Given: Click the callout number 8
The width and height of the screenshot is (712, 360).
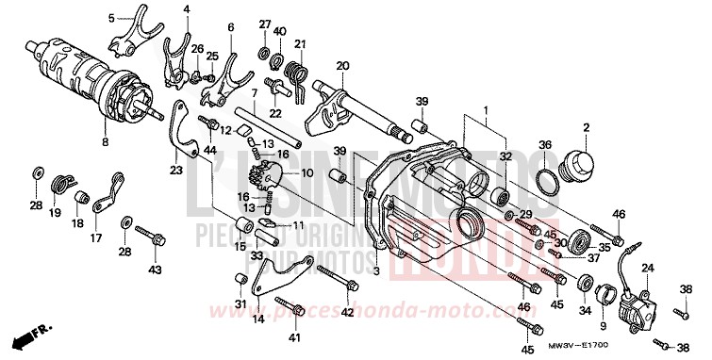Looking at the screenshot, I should coord(105,141).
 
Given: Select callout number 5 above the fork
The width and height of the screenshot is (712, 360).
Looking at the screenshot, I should coord(112,18).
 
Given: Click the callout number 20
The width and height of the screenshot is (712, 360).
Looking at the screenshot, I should coord(341,66).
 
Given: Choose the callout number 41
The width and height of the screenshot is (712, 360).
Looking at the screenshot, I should coord(294,336).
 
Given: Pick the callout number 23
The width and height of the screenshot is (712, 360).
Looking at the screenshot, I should coord(175,171).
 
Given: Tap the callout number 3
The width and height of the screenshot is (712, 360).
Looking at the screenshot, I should coord(375,271).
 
